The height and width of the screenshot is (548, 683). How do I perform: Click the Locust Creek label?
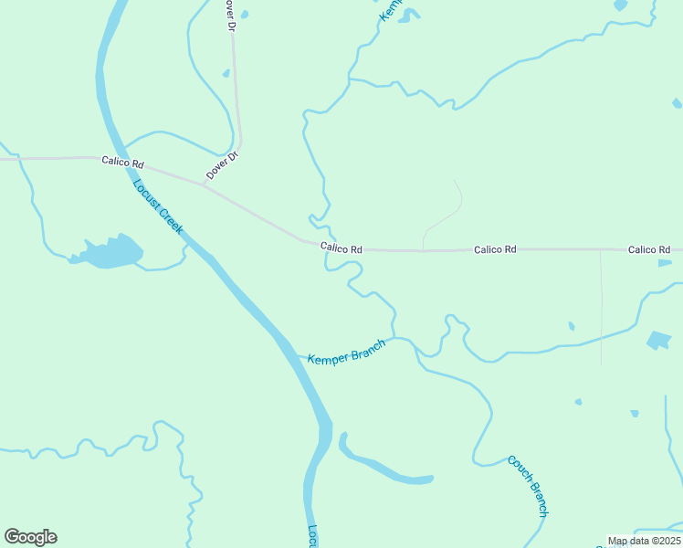click(158, 206)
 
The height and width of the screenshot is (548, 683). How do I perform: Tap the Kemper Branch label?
click(346, 353)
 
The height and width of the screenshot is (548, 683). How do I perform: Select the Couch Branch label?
click(529, 485)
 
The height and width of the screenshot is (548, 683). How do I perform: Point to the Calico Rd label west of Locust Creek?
click(122, 163)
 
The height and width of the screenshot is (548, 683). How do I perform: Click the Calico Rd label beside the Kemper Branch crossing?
click(341, 248)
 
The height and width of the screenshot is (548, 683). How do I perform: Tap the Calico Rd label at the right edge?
click(649, 249)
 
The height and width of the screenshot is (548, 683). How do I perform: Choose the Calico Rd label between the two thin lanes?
click(495, 248)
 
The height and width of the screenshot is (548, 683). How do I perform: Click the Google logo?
click(30, 537)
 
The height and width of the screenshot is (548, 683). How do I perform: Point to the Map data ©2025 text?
click(644, 541)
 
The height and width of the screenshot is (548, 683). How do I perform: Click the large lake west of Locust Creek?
click(110, 251)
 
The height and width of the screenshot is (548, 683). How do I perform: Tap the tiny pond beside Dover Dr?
click(226, 73)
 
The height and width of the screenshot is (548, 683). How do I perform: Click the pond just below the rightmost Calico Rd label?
click(665, 263)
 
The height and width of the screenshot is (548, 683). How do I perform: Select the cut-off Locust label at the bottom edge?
click(311, 536)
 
